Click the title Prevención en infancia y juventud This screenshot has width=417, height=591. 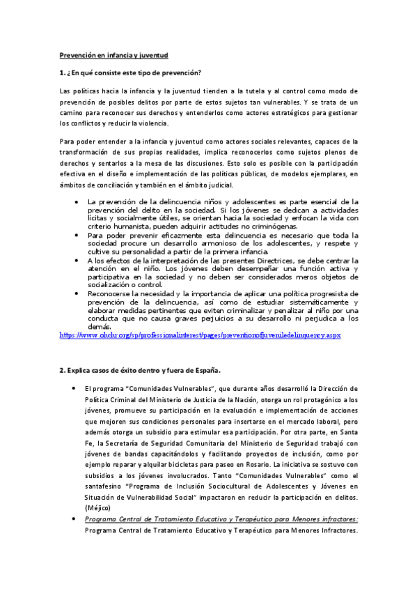[x=113, y=54]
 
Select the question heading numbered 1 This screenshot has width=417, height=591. [x=130, y=73]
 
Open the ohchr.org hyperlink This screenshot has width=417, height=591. [x=201, y=335]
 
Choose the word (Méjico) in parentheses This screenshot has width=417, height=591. [x=97, y=509]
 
